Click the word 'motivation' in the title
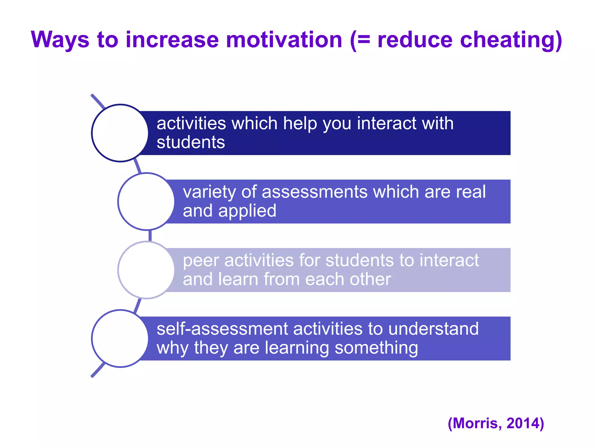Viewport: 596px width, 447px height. click(x=284, y=40)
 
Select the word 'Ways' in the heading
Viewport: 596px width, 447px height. click(x=60, y=40)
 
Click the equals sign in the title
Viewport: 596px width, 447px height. click(x=363, y=40)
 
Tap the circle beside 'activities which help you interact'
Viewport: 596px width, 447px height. click(x=120, y=133)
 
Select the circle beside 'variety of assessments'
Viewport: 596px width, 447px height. click(x=146, y=201)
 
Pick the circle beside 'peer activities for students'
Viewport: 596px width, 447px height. click(x=146, y=270)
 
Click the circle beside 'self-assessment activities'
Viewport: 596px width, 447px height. click(x=120, y=338)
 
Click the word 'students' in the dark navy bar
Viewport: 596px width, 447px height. click(x=191, y=142)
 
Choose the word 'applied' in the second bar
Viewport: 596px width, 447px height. click(x=247, y=211)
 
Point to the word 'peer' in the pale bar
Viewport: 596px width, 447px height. click(x=201, y=260)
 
